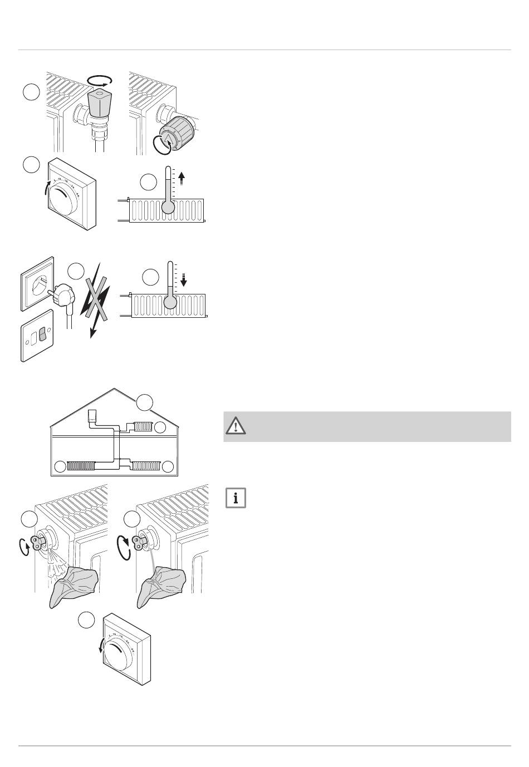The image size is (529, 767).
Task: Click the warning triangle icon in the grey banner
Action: point(236,426)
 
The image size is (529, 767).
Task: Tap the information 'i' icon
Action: point(236,498)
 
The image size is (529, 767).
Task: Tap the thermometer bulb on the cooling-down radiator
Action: point(170,302)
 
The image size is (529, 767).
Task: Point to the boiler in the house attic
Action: point(93,416)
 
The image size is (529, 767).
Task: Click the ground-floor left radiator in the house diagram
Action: point(80,466)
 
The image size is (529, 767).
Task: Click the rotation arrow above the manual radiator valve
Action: point(102,81)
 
